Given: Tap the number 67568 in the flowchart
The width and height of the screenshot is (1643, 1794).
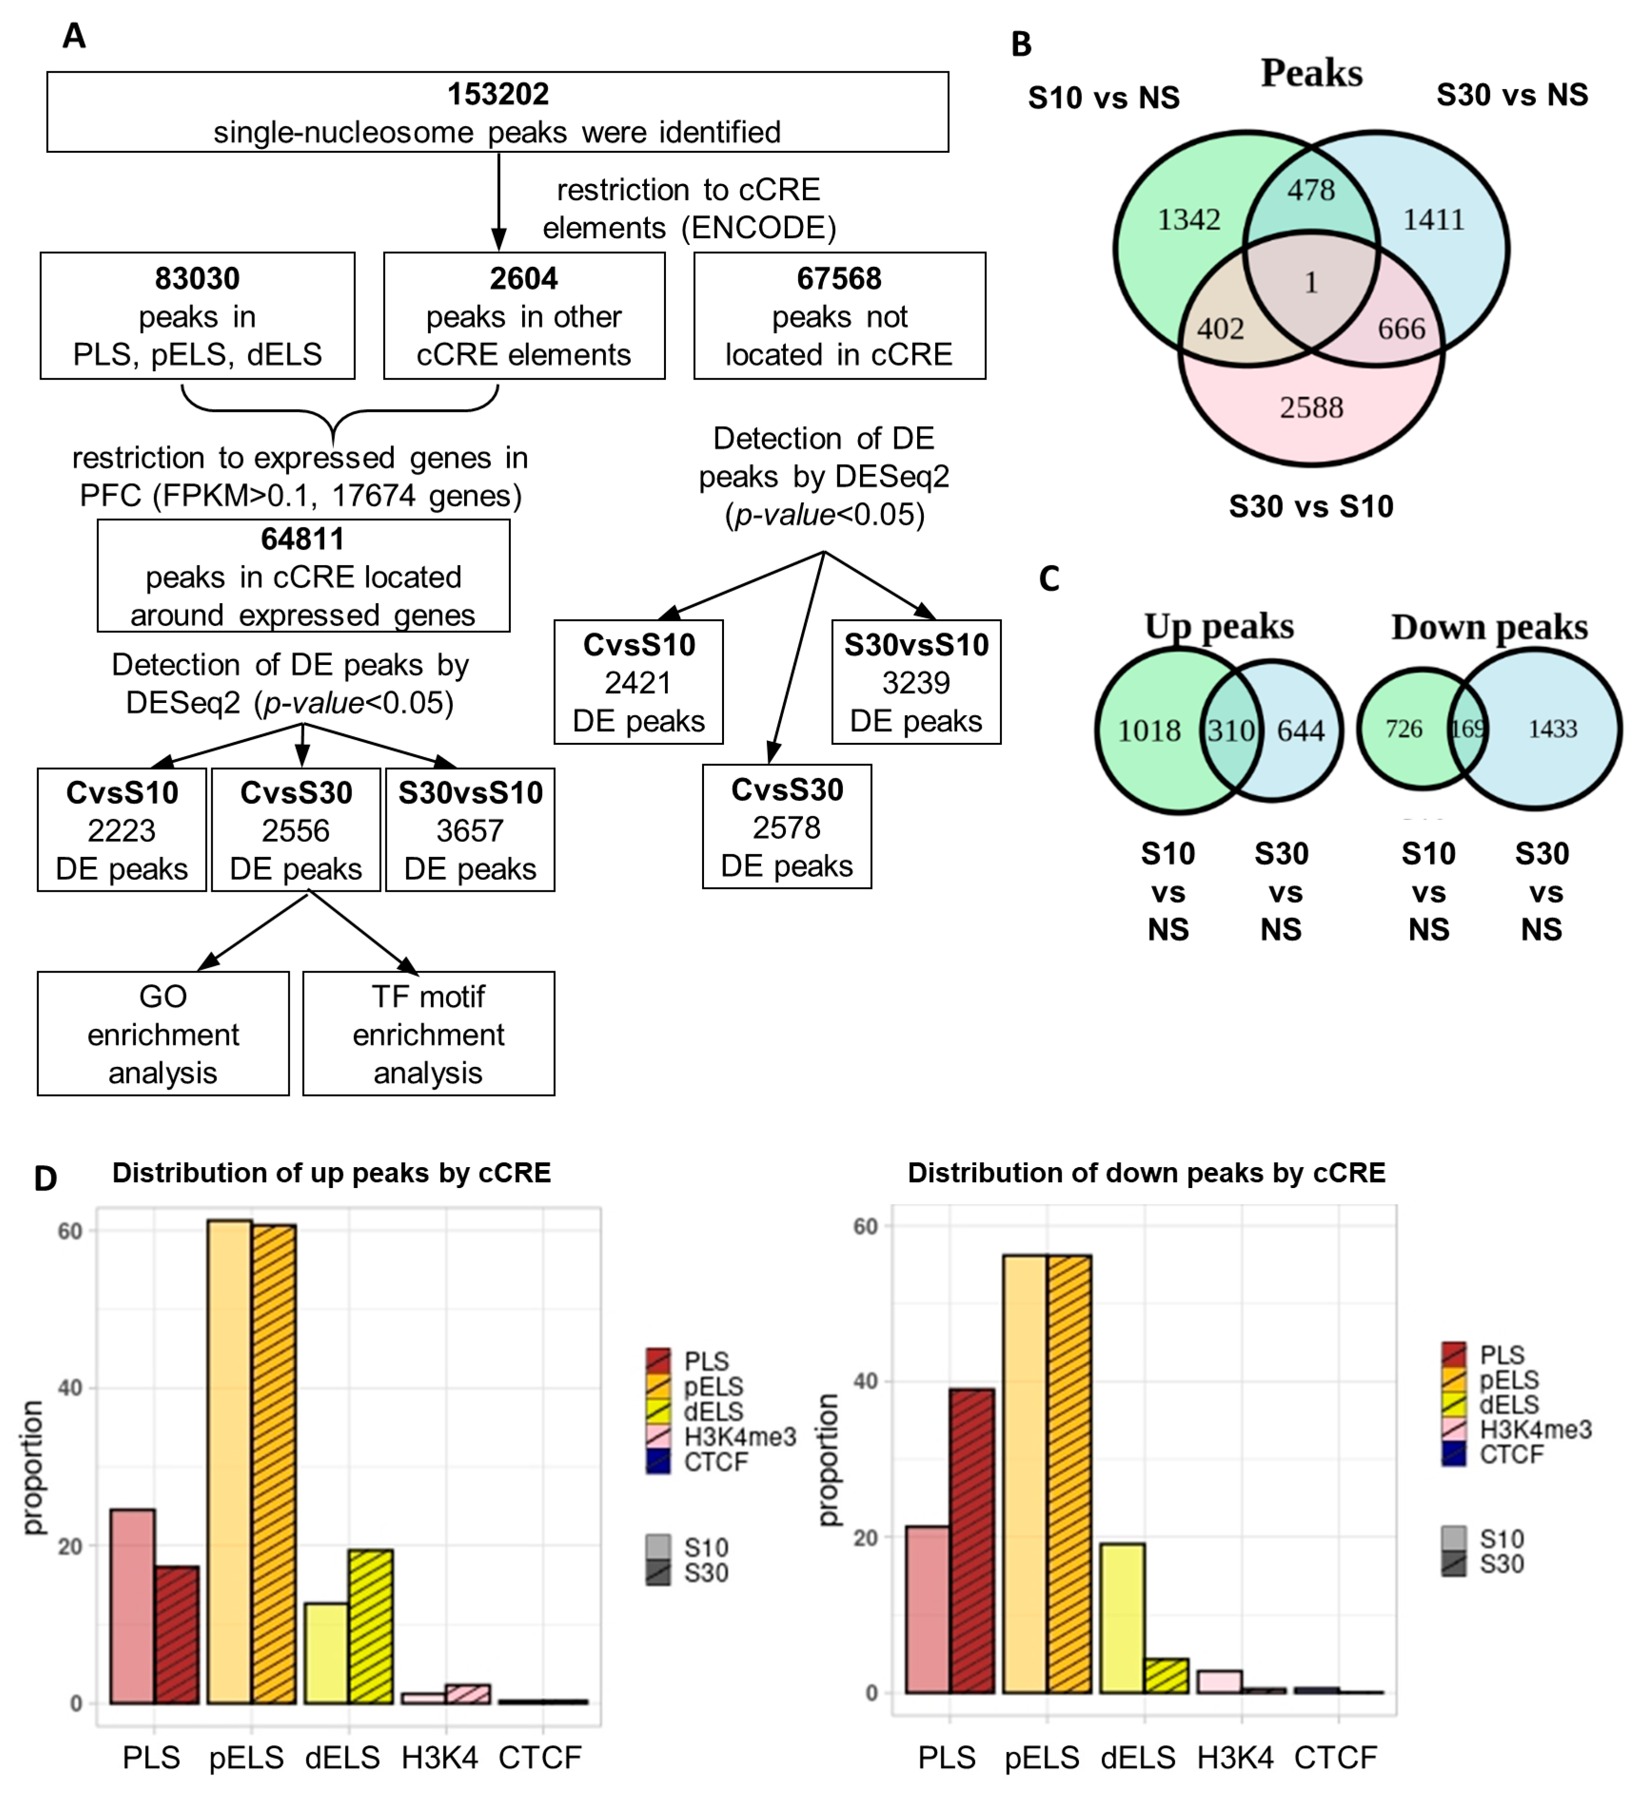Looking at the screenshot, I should point(839,279).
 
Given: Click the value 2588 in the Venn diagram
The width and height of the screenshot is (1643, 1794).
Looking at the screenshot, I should point(1311,408).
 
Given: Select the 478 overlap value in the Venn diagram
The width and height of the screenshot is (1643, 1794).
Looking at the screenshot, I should point(1311,190).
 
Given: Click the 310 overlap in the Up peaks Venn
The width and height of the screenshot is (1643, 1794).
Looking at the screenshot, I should point(1230,731).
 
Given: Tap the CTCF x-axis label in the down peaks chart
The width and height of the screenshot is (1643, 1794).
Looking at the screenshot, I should point(1335,1757).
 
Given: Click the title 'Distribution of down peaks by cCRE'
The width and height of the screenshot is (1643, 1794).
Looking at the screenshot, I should point(1146,1173).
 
